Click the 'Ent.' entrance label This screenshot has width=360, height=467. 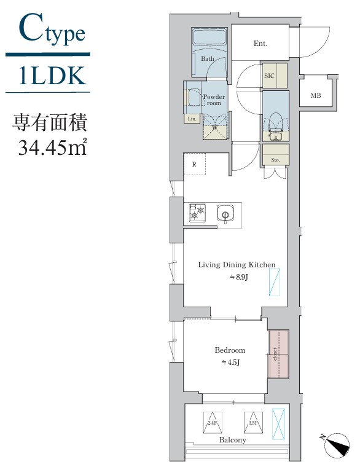260,44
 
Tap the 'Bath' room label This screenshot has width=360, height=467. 207,59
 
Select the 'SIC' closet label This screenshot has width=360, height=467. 269,76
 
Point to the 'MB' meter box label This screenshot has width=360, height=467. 315,95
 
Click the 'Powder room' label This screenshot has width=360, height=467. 213,100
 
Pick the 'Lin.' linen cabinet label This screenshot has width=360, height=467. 192,119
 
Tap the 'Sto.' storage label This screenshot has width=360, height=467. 275,160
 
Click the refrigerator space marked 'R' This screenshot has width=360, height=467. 194,164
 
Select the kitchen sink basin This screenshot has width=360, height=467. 225,214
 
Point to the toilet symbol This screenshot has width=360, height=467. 275,120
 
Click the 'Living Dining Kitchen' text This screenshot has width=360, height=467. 236,265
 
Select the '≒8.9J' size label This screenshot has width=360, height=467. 238,277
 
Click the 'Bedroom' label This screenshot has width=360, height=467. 230,350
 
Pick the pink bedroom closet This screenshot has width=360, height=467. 278,354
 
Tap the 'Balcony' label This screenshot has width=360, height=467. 233,440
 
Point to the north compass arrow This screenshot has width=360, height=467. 335,445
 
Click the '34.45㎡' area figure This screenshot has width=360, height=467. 49,148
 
